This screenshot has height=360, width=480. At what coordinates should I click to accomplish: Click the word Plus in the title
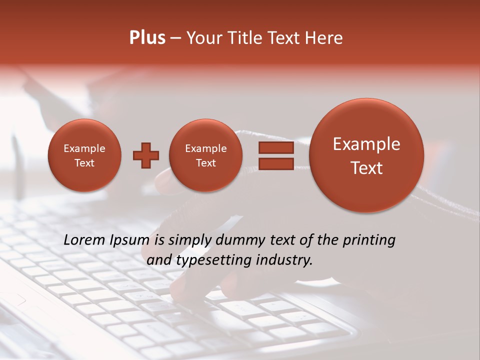coord(147,38)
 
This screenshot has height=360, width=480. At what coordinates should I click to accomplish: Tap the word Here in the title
coord(325,38)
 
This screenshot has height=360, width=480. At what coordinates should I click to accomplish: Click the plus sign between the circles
coord(146,155)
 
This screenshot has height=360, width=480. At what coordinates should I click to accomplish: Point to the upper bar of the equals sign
coord(275,148)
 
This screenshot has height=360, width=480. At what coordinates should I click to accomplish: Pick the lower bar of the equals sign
coord(275,164)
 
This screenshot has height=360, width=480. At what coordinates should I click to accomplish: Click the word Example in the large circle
coord(366,144)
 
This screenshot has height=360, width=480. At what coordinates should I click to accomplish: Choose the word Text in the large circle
coord(366,168)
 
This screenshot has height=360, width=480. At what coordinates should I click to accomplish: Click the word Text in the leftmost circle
coord(84,163)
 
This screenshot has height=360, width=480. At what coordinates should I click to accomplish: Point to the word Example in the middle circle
coord(205,148)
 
